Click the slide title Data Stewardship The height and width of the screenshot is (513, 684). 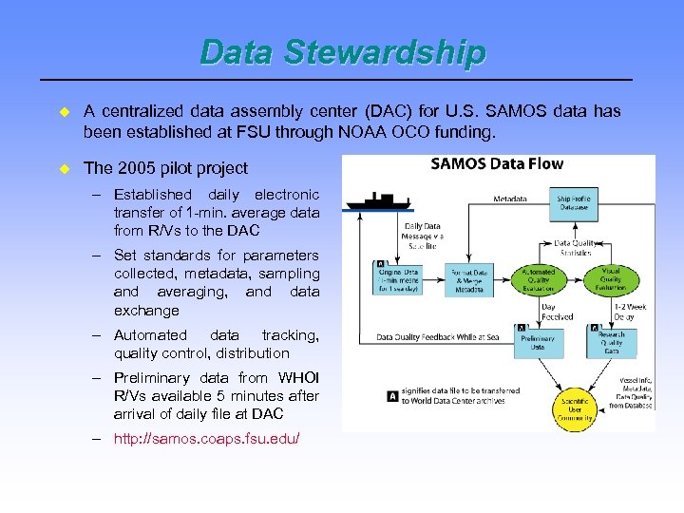[x=342, y=52]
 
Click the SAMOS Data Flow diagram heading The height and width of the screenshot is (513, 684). [x=497, y=163]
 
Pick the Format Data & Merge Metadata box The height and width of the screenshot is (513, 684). [x=468, y=279]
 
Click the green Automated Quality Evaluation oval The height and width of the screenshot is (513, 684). [x=539, y=278]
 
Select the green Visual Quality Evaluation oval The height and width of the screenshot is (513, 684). [x=611, y=278]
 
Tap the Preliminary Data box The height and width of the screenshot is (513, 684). [x=539, y=342]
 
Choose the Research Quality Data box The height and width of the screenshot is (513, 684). [x=611, y=342]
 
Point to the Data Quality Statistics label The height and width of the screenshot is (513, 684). [x=576, y=248]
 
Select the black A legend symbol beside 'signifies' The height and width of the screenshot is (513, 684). [x=392, y=396]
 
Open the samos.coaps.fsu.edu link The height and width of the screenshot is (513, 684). [x=206, y=439]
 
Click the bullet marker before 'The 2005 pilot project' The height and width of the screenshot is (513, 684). [x=66, y=167]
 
